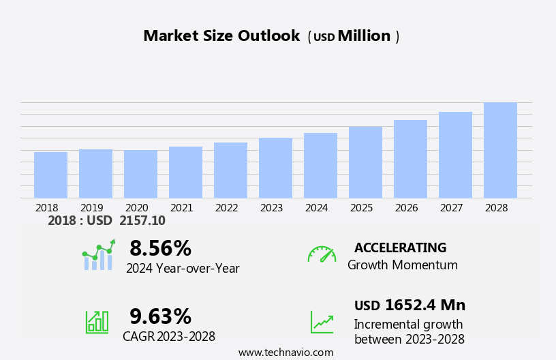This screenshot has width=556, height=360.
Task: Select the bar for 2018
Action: (50, 175)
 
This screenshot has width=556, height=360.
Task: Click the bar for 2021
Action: (185, 172)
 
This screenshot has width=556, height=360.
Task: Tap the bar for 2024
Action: (320, 166)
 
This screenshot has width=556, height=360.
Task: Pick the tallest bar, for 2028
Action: (500, 151)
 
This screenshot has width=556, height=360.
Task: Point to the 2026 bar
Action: (410, 160)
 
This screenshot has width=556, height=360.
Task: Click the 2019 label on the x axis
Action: (92, 208)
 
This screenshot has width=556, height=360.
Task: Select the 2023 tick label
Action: (272, 208)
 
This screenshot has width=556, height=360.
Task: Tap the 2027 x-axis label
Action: (452, 208)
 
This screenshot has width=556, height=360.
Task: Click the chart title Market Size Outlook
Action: (221, 36)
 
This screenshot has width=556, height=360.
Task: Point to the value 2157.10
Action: (142, 221)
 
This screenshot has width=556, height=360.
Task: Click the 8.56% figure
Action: (160, 248)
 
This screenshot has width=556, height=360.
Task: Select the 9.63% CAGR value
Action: (160, 316)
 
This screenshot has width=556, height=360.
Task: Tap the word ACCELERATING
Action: (400, 248)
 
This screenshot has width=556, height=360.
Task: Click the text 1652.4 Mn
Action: (425, 305)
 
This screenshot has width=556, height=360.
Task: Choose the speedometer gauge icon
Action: (322, 254)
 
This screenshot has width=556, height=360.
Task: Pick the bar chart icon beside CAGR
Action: (97, 321)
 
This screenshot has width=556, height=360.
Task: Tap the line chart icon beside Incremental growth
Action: (322, 322)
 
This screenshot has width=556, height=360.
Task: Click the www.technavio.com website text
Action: (285, 352)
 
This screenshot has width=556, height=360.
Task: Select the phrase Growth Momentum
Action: (402, 265)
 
